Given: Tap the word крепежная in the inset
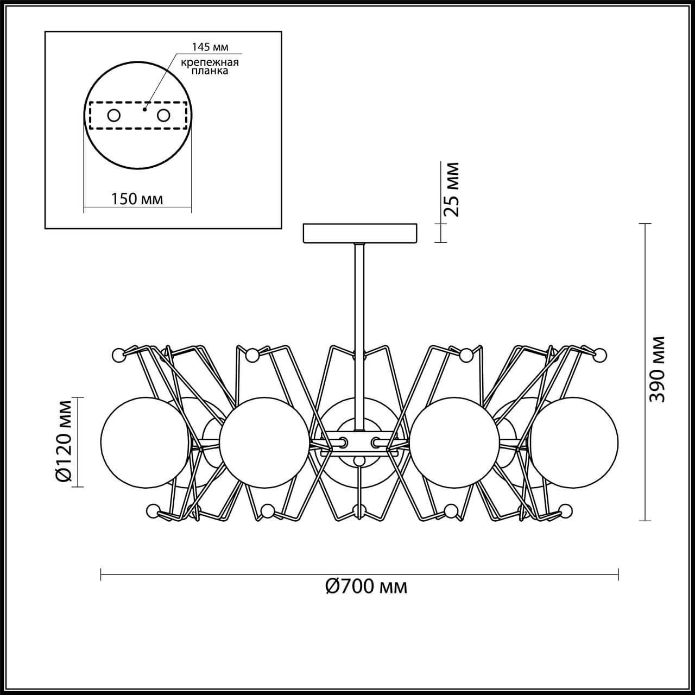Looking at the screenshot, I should (210, 62).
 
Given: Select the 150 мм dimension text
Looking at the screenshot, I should (137, 199).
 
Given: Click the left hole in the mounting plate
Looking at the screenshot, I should (113, 115).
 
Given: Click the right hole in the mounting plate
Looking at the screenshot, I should (163, 115).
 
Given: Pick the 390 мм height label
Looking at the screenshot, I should (658, 369).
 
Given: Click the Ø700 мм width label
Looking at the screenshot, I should (366, 586).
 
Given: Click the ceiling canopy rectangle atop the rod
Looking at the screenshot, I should (361, 233).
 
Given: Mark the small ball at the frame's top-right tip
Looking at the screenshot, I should (600, 355).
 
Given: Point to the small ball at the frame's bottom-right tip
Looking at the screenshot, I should (565, 510).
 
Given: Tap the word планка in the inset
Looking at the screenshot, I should (210, 71).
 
